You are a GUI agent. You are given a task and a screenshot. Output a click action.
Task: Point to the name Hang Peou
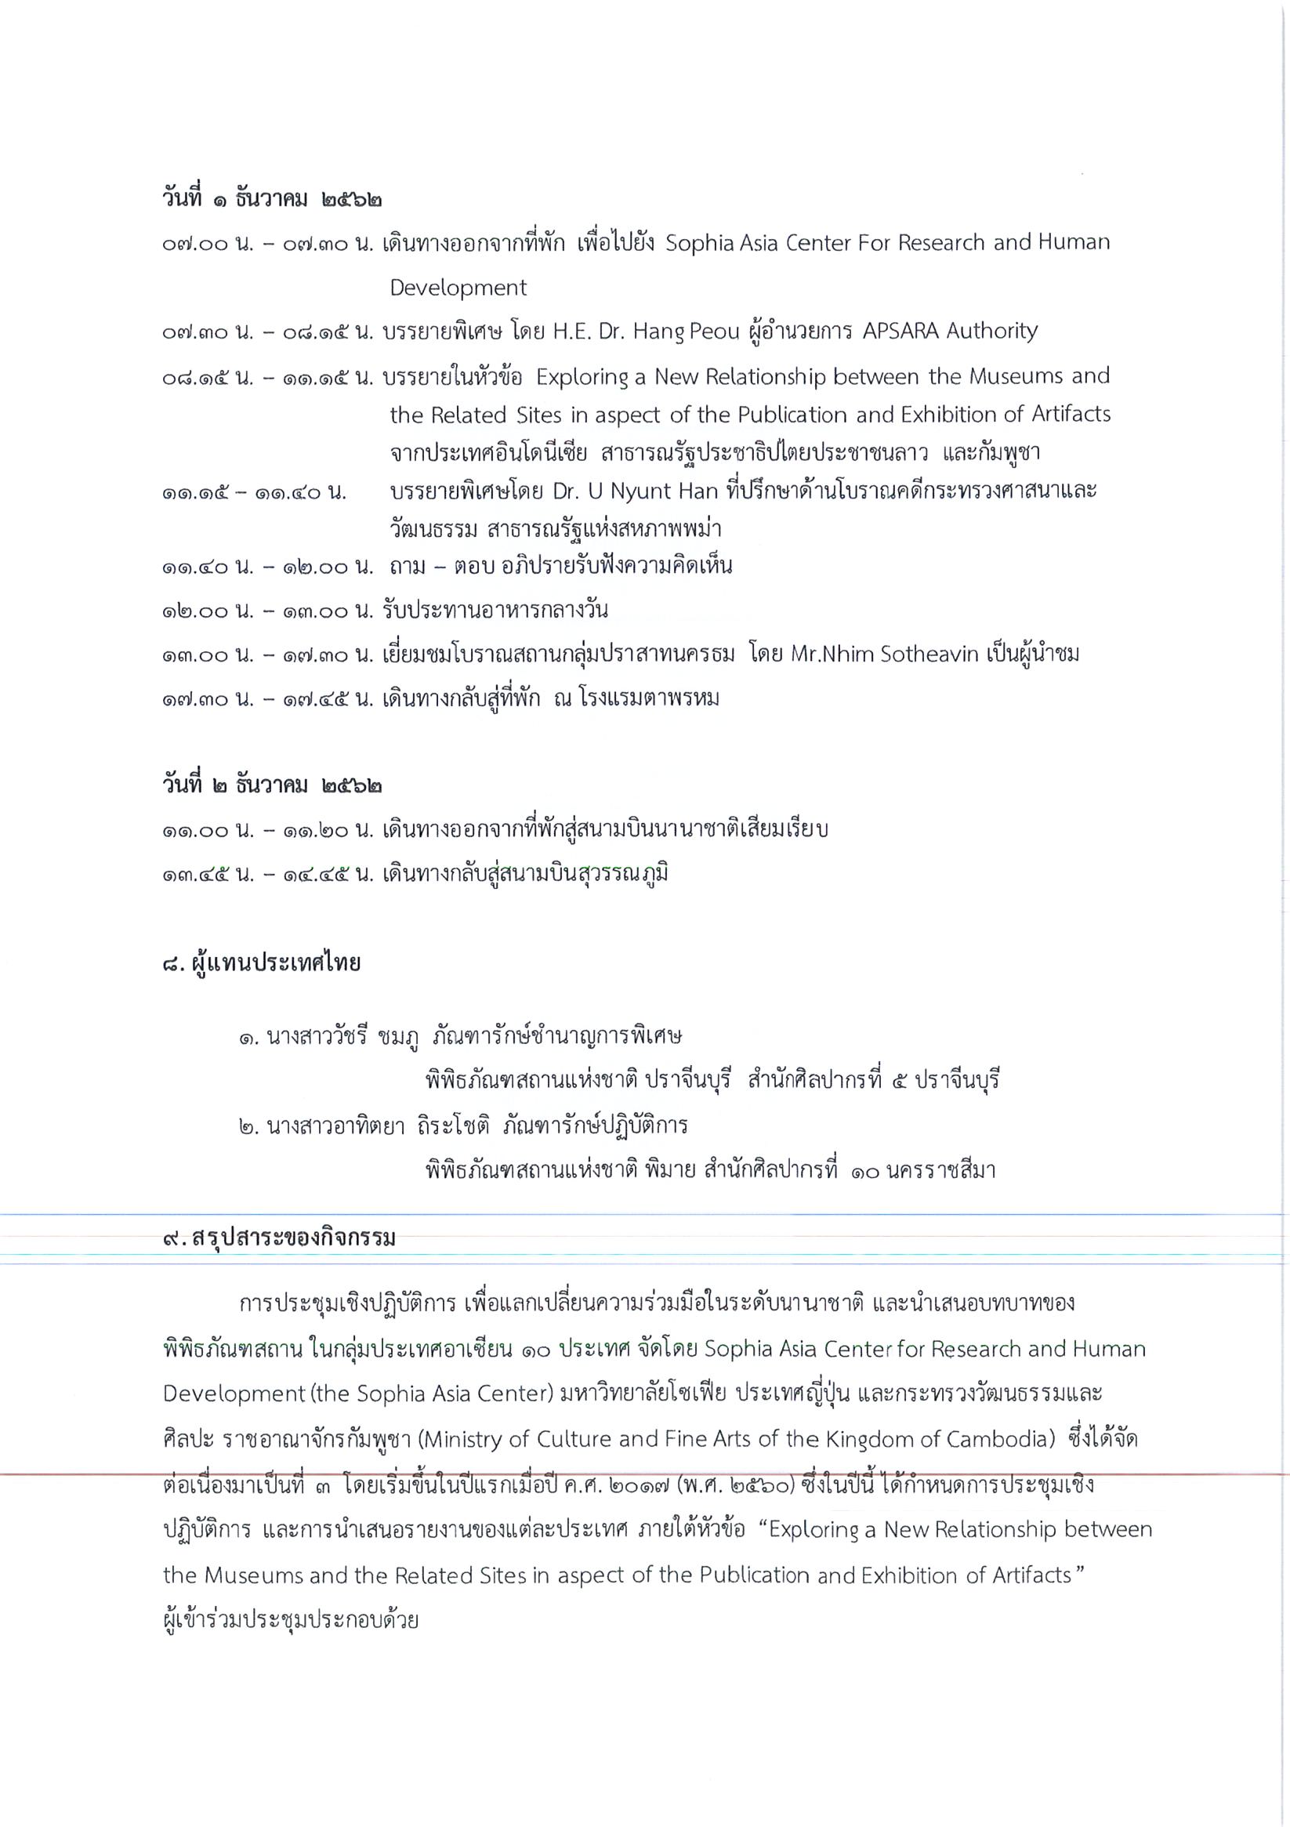[686, 331]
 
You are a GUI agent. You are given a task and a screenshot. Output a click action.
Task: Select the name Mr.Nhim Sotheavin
[884, 655]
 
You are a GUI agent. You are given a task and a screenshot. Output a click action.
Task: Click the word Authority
[991, 331]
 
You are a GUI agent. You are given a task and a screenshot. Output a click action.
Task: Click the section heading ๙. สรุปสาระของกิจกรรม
[278, 1239]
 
